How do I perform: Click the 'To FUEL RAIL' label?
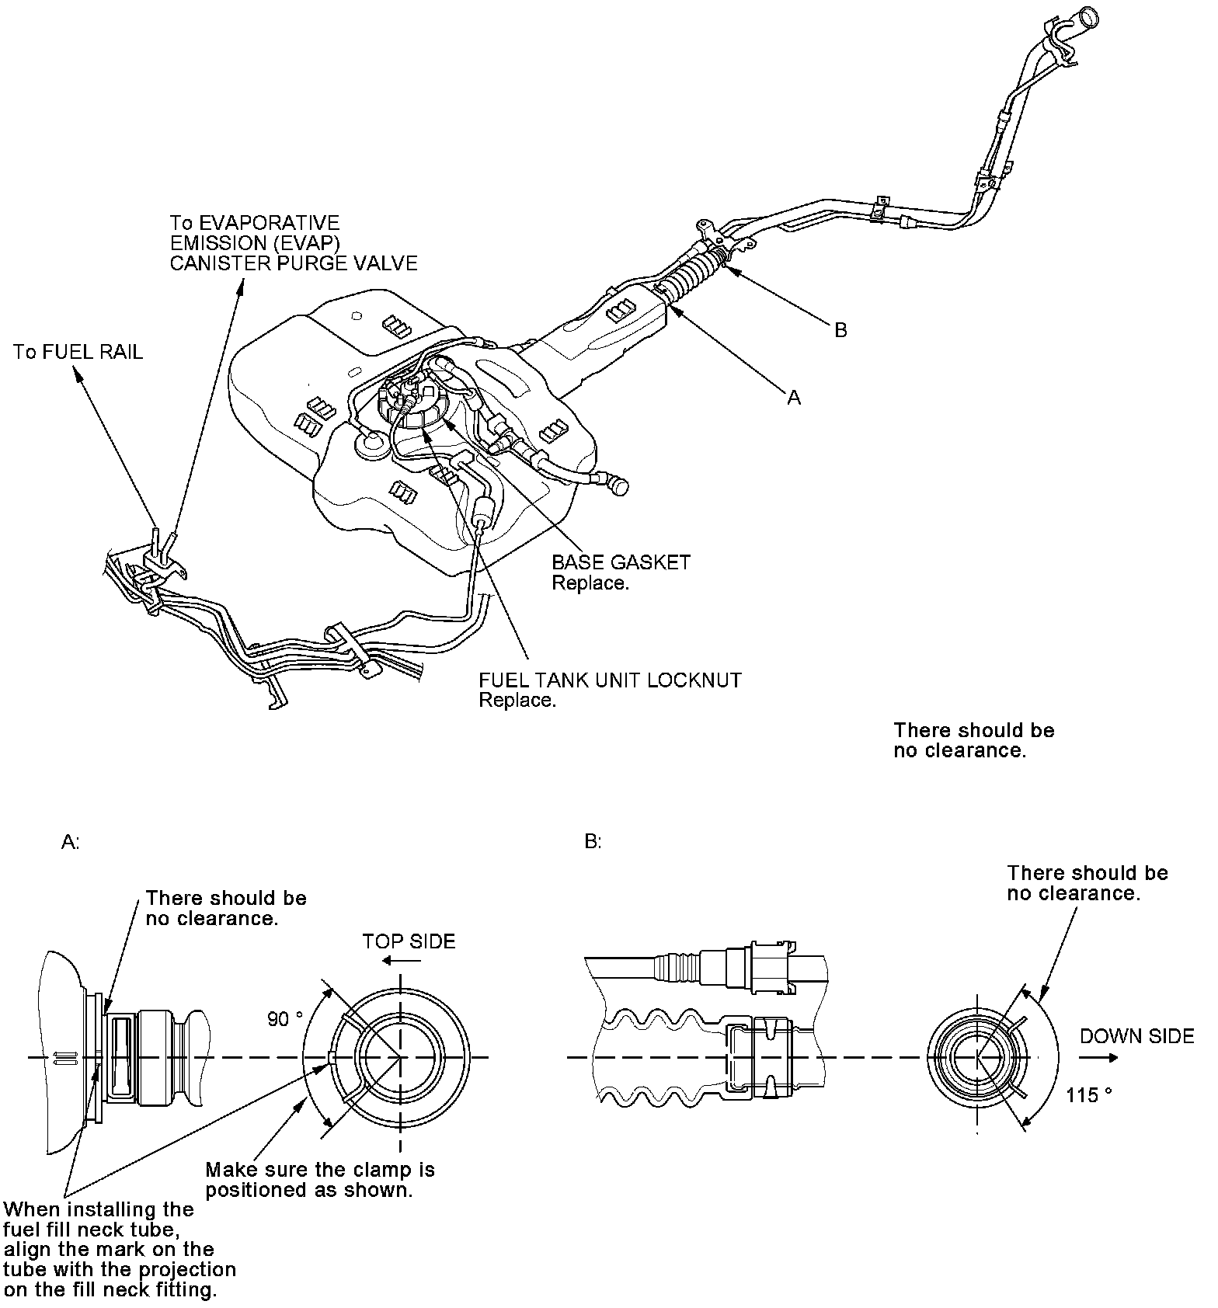(78, 353)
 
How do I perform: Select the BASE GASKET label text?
(621, 562)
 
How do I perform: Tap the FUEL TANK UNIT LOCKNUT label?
(610, 680)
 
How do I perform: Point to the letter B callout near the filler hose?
(840, 330)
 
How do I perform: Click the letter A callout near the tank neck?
(793, 397)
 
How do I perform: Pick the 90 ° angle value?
(285, 1018)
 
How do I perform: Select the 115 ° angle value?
(1089, 1095)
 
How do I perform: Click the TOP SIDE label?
(409, 941)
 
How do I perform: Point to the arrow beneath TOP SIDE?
(404, 961)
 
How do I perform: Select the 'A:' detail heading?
(70, 843)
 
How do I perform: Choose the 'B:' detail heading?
(593, 842)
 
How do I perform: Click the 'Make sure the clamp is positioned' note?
(320, 1180)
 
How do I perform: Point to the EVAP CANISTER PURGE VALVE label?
(294, 243)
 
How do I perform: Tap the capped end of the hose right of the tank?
(619, 483)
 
